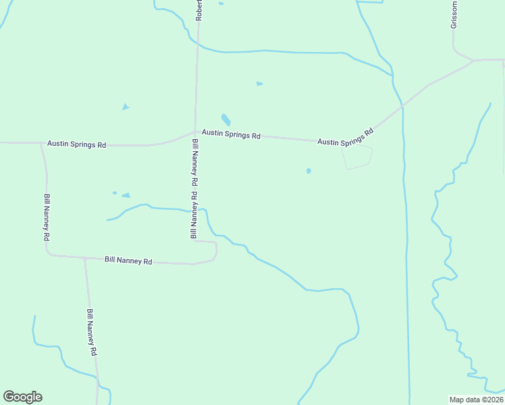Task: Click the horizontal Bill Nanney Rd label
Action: coord(128,260)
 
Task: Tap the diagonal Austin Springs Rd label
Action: coord(346,137)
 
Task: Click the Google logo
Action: coord(22,397)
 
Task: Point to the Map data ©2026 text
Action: coord(476,400)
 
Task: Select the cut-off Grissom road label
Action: coord(454,14)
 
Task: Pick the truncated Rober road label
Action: coord(199,10)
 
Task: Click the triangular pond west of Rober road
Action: coord(126,107)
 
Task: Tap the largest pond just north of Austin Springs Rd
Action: coord(225,119)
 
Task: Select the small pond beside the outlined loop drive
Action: coord(309,171)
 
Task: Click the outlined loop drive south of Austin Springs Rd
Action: coord(358,157)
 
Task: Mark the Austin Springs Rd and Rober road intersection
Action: coord(196,132)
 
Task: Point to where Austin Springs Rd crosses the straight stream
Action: coord(402,106)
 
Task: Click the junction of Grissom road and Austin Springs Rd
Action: coord(473,60)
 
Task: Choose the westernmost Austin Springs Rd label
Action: coord(77,144)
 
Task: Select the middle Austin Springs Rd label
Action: coord(231,135)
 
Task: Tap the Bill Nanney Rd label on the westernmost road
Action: coord(47,217)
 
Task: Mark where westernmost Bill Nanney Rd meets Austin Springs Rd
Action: coord(41,143)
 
